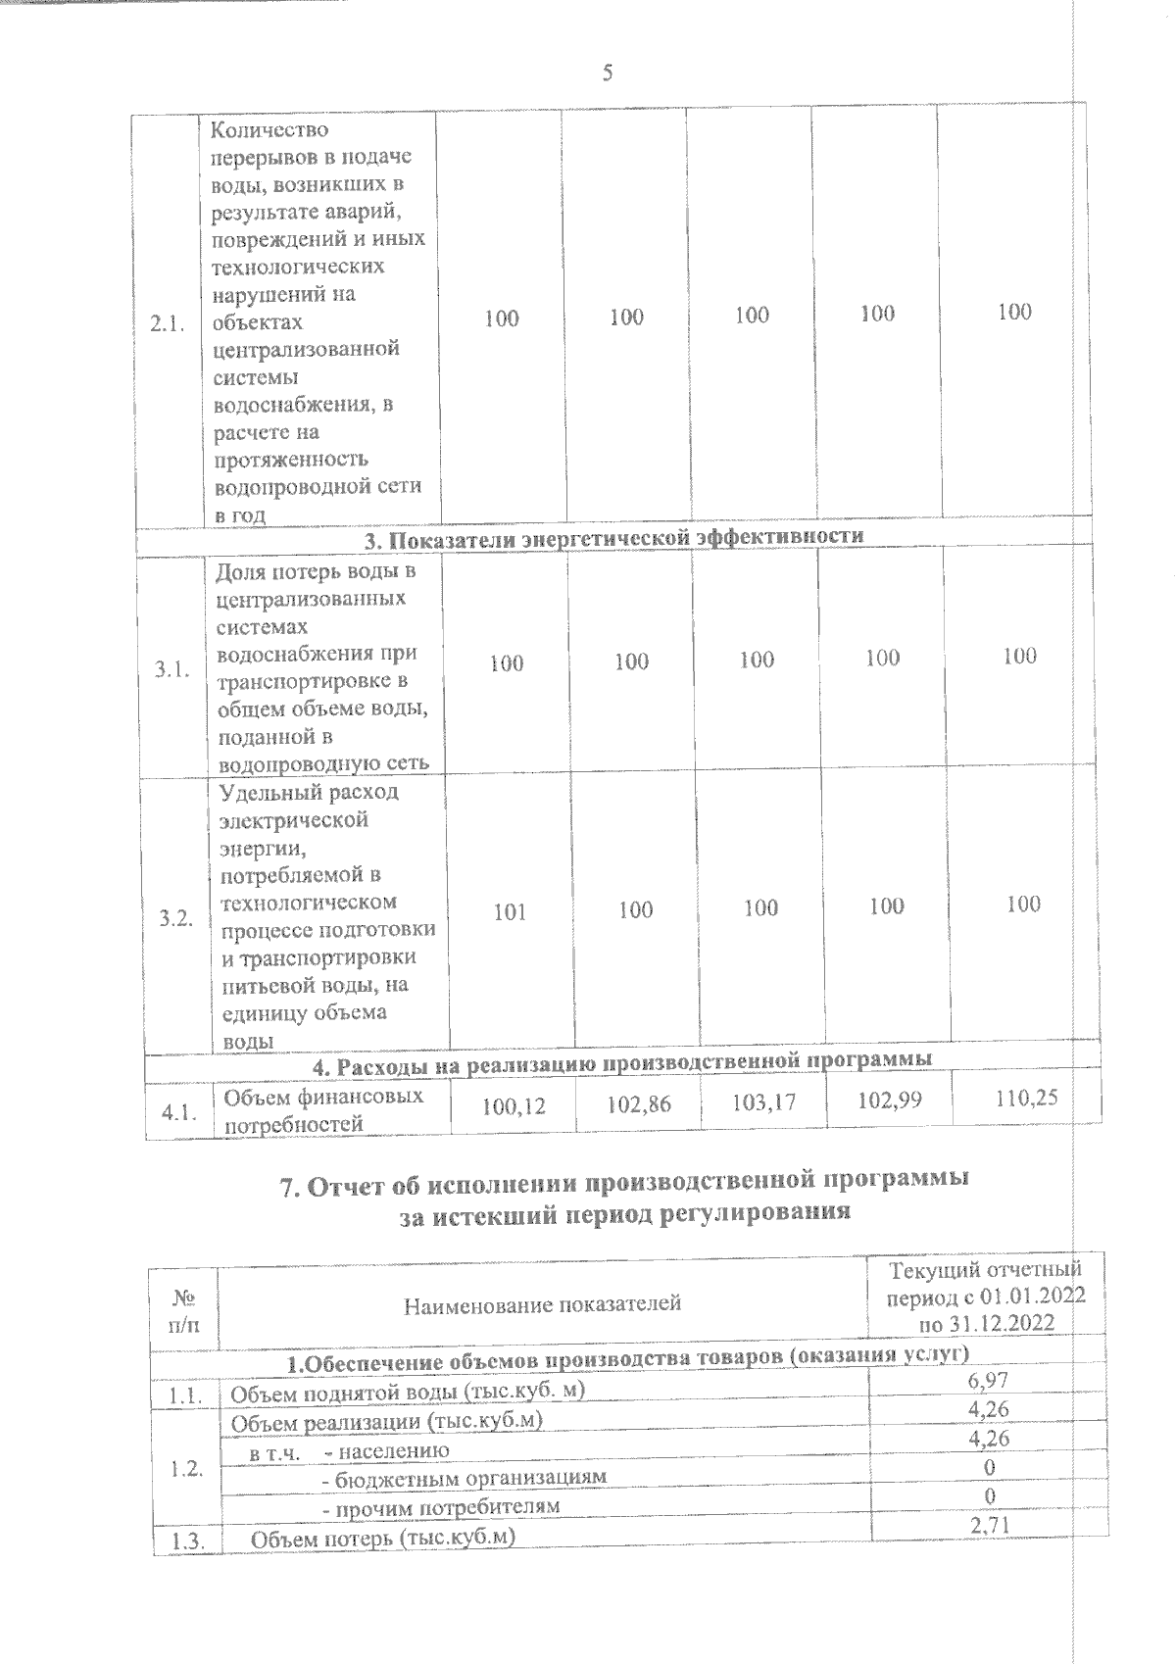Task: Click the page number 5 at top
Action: click(608, 73)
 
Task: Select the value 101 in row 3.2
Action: click(510, 912)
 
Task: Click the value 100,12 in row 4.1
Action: click(514, 1106)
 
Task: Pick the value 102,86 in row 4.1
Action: click(639, 1104)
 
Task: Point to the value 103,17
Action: click(764, 1102)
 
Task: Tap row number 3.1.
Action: click(172, 668)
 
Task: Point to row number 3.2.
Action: click(177, 919)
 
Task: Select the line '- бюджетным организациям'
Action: click(465, 1477)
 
